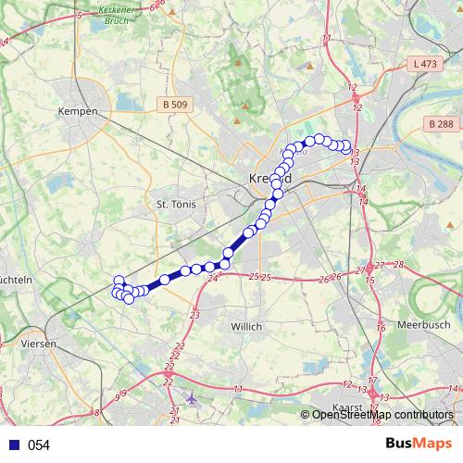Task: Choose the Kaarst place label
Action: [345, 408]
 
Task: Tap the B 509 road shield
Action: [174, 104]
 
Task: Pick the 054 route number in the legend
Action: [39, 445]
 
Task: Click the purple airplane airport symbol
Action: [191, 400]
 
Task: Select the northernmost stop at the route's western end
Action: [119, 281]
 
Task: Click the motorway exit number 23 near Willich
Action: [194, 316]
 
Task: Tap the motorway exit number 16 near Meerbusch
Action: [381, 328]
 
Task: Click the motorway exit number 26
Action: [324, 279]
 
